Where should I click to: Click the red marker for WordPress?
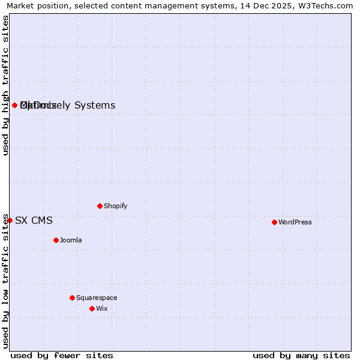pyautogui.click(x=274, y=222)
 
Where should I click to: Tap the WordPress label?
pyautogui.click(x=295, y=222)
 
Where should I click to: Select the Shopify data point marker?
pyautogui.click(x=100, y=206)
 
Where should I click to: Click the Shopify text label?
pyautogui.click(x=116, y=206)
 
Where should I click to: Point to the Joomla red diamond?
pyautogui.click(x=56, y=240)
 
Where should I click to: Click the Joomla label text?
pyautogui.click(x=71, y=240)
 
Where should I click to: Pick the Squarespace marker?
pyautogui.click(x=72, y=298)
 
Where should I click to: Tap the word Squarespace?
pyautogui.click(x=97, y=298)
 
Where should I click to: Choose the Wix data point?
pyautogui.click(x=92, y=308)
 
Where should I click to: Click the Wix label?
pyautogui.click(x=102, y=308)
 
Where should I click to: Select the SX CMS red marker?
pyautogui.click(x=10, y=220)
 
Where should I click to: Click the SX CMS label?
pyautogui.click(x=34, y=220)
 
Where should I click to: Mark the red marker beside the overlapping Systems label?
pyautogui.click(x=14, y=105)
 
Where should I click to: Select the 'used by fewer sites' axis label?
pyautogui.click(x=62, y=355)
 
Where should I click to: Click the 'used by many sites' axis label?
pyautogui.click(x=301, y=355)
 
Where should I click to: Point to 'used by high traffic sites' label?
pyautogui.click(x=5, y=85)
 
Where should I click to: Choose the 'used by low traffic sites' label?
pyautogui.click(x=5, y=281)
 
